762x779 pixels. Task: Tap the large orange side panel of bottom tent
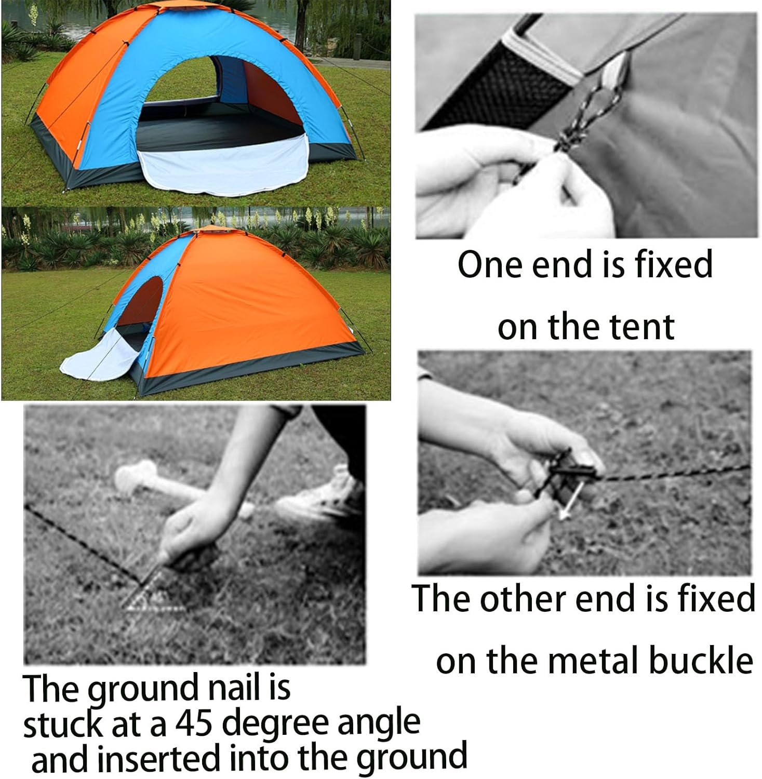[249, 306]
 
